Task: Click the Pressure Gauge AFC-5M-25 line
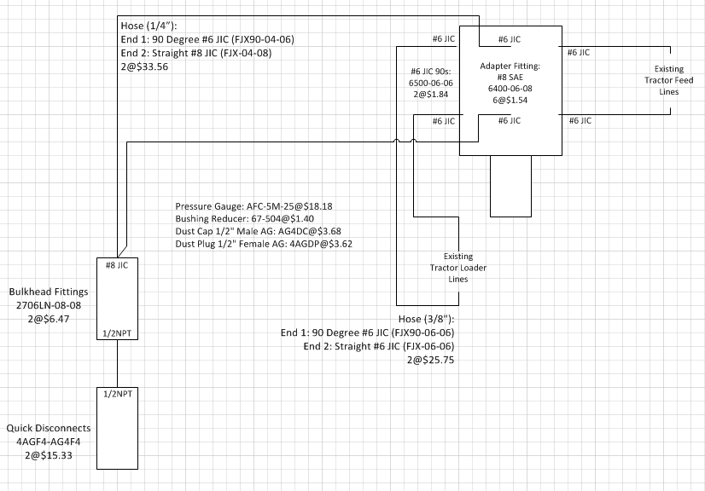[x=253, y=206]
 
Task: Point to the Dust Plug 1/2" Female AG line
[x=264, y=244]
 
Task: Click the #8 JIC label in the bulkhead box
[x=116, y=264]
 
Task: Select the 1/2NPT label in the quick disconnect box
[x=116, y=395]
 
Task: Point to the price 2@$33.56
[x=145, y=66]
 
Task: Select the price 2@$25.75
[x=431, y=361]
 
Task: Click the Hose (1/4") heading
[x=150, y=26]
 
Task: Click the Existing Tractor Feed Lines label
[x=668, y=80]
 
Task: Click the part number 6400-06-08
[x=510, y=88]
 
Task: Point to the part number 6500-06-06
[x=432, y=83]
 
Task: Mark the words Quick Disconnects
[x=48, y=428]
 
